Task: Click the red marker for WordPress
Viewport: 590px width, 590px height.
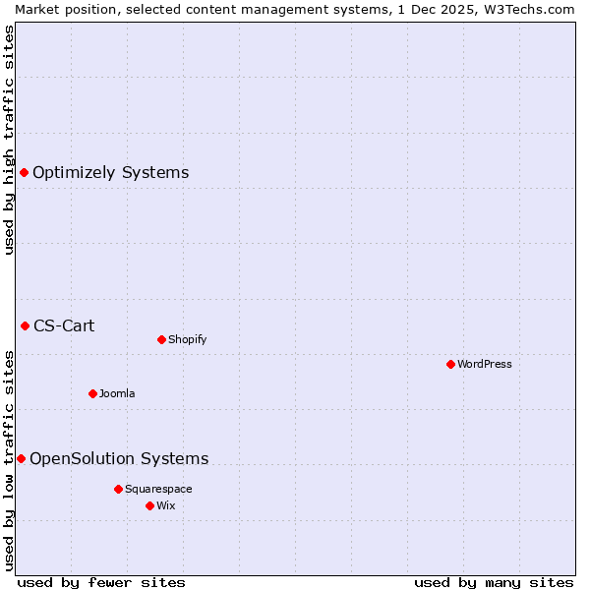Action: point(450,364)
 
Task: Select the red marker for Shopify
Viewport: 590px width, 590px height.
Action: point(161,339)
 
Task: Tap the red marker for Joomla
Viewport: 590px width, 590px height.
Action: point(92,393)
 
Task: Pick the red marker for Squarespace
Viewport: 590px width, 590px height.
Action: point(118,489)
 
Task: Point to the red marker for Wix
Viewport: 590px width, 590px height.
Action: point(149,505)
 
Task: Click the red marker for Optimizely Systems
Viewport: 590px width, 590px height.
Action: point(24,173)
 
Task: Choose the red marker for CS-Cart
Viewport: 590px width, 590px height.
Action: point(25,325)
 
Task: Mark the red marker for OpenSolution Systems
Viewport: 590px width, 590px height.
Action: point(21,458)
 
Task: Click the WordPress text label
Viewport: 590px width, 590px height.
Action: point(485,364)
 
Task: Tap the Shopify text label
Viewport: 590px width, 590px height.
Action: point(187,339)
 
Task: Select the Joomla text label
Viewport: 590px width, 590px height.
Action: point(117,393)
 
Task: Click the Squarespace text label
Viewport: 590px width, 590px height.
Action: point(158,489)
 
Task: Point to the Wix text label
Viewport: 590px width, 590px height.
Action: point(166,505)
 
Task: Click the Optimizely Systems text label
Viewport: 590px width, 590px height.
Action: point(110,173)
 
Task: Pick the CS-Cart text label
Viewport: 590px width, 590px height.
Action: point(64,325)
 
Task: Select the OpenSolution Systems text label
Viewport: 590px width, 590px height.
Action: point(119,458)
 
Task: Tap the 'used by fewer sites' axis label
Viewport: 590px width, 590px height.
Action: point(101,582)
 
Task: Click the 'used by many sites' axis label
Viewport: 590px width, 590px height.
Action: point(494,582)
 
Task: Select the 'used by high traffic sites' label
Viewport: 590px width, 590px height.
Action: point(9,140)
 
